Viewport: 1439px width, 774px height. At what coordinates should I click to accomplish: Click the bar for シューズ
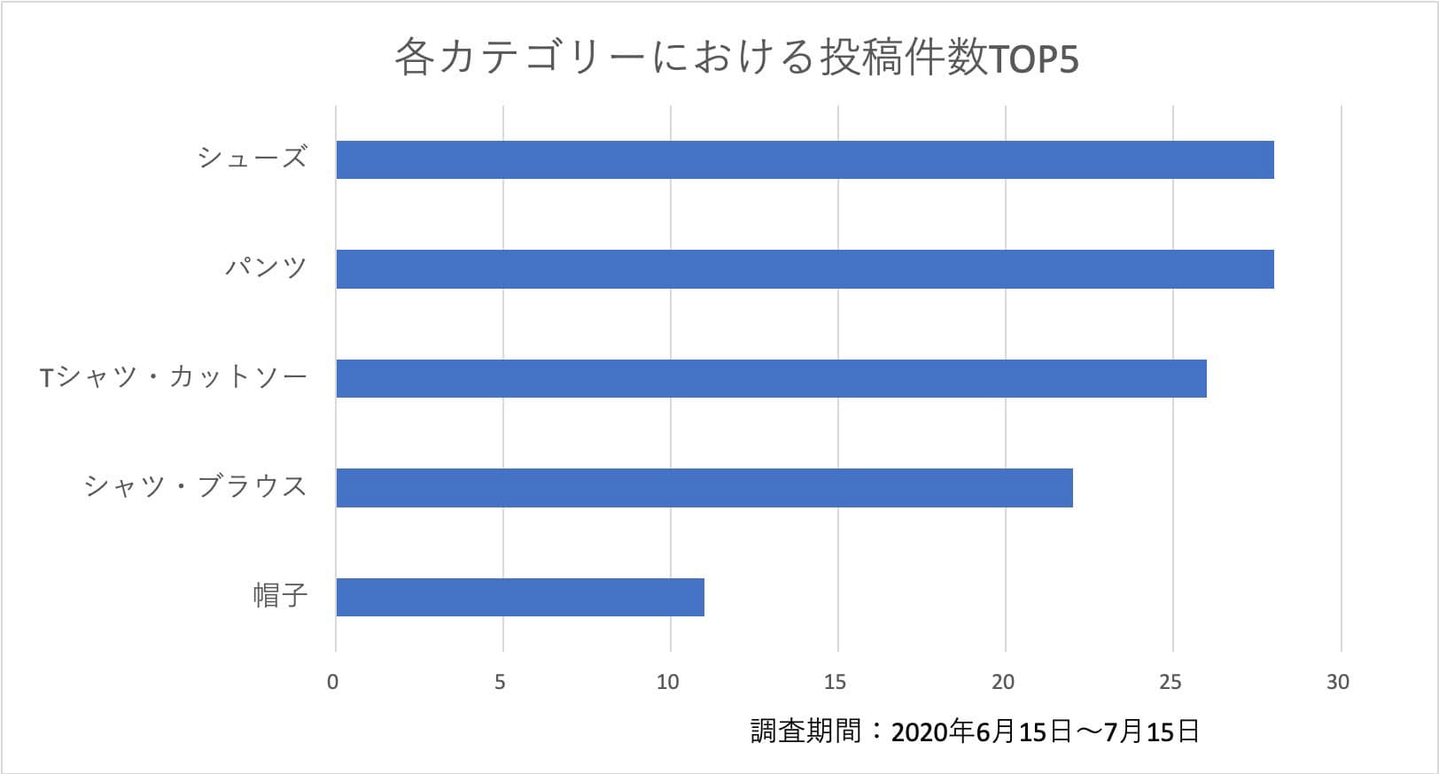pos(805,159)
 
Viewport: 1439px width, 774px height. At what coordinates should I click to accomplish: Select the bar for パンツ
pos(805,269)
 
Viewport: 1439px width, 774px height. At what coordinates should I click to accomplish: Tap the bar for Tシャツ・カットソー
pos(771,378)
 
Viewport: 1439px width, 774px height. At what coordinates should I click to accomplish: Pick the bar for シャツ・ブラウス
pos(704,488)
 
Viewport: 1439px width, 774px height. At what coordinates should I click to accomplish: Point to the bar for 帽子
pos(520,597)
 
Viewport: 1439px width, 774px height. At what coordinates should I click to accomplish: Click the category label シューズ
pos(253,159)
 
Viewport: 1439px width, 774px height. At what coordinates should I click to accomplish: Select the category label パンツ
pos(266,268)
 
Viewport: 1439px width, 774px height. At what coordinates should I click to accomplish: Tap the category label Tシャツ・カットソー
pos(174,378)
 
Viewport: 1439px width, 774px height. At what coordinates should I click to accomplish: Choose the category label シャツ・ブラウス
pos(196,487)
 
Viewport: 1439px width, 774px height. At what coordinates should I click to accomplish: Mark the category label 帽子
pos(280,596)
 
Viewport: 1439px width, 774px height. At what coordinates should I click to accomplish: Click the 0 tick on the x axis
pos(333,682)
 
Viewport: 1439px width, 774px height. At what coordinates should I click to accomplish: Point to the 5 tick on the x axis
pos(501,682)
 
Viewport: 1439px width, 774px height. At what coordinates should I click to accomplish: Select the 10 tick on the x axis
pos(668,682)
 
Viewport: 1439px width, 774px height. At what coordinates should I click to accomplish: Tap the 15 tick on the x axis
pos(836,682)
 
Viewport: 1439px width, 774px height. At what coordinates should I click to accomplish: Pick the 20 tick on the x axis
pos(1003,682)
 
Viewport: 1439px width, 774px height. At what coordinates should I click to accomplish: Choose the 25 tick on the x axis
pos(1171,682)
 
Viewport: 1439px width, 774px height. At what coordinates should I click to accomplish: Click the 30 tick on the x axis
pos(1338,682)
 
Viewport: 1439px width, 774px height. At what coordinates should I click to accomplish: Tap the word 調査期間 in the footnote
pos(805,731)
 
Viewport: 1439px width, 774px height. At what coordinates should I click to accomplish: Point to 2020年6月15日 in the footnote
pos(981,732)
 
